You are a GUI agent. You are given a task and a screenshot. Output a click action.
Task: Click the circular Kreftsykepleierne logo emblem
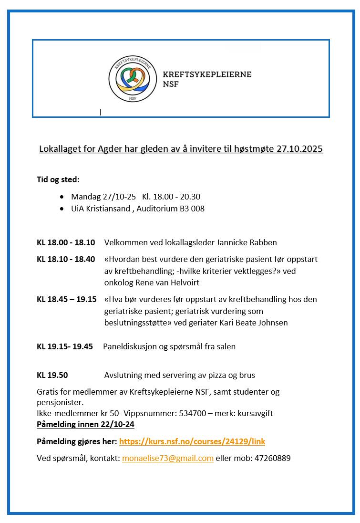[x=133, y=79]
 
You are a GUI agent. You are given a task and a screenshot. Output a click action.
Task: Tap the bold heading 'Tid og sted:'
[x=58, y=180]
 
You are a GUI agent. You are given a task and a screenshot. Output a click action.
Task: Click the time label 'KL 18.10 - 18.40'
[x=66, y=259]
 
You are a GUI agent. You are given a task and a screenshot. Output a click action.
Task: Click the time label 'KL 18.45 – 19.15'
[x=66, y=299]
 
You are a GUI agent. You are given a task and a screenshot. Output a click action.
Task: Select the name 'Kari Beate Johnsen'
[x=254, y=323]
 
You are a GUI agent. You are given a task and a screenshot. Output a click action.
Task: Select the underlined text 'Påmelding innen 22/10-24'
[x=85, y=424]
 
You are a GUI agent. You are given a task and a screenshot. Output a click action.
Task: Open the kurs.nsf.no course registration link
[x=192, y=442]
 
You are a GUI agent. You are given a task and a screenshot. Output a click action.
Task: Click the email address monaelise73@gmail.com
[x=167, y=458]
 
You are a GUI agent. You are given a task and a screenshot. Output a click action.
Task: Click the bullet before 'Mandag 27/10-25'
[x=62, y=197]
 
